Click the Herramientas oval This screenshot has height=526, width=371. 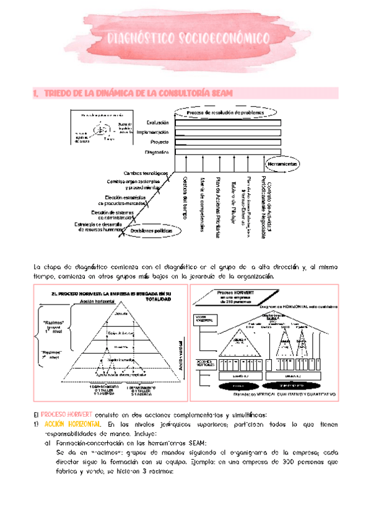(x=282, y=164)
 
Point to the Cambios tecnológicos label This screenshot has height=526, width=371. (x=146, y=172)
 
